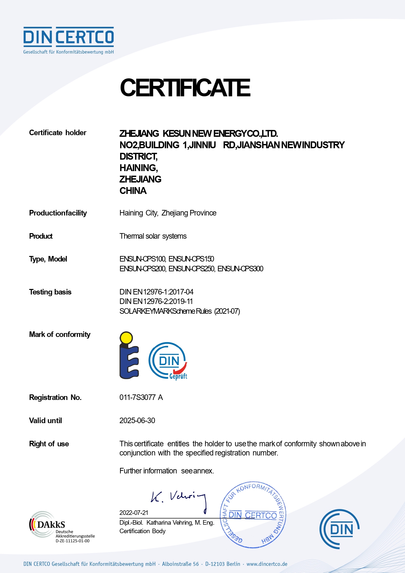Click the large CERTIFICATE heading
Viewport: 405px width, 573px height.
click(185, 88)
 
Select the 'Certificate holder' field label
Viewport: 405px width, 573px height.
click(58, 133)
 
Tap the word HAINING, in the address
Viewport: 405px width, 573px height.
click(139, 168)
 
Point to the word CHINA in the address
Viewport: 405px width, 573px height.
click(133, 191)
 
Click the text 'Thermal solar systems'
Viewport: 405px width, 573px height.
click(153, 236)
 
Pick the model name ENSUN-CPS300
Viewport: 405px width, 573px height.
click(240, 269)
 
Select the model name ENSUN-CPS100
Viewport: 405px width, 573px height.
click(142, 259)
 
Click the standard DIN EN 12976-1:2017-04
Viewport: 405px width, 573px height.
click(156, 292)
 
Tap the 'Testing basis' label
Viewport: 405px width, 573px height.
click(50, 292)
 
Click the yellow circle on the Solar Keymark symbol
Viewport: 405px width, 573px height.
click(126, 338)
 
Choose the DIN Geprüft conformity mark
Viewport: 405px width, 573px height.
click(168, 361)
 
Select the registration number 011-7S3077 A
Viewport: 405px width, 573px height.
click(141, 397)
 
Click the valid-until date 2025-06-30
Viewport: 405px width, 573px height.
click(137, 421)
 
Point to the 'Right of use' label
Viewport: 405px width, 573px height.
click(49, 444)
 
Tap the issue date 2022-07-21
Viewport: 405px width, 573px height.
click(134, 513)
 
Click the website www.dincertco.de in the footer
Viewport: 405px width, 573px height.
click(267, 564)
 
